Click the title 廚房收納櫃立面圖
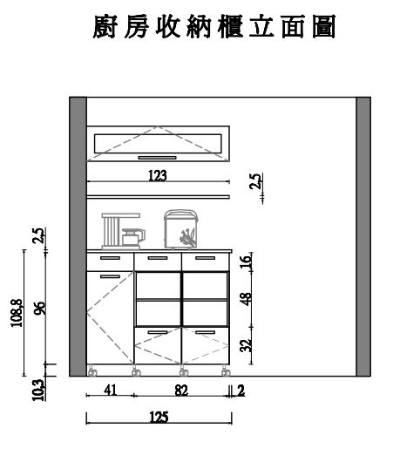214,27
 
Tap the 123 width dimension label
158,175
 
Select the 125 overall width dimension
159,418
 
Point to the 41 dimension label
111,391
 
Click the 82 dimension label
181,391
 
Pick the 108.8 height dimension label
17,313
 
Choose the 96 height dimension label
40,309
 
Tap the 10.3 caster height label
38,391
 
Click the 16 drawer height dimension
246,261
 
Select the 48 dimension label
246,299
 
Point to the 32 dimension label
246,345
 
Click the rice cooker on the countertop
181,229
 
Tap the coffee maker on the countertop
124,232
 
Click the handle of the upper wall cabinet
157,158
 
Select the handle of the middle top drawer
158,258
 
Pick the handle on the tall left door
110,276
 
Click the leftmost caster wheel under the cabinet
92,371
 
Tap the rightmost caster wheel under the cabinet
226,371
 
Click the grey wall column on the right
363,236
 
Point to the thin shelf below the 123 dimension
159,197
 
